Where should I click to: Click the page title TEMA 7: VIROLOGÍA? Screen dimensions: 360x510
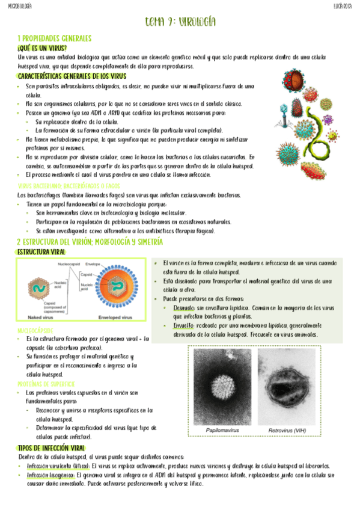tap(180, 23)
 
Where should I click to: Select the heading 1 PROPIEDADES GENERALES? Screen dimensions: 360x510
tap(54, 38)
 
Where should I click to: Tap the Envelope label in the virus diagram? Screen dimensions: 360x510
tap(93, 263)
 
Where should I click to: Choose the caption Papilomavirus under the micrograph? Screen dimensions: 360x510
tap(224, 431)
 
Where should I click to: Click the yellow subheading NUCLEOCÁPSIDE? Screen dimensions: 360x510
tap(35, 331)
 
